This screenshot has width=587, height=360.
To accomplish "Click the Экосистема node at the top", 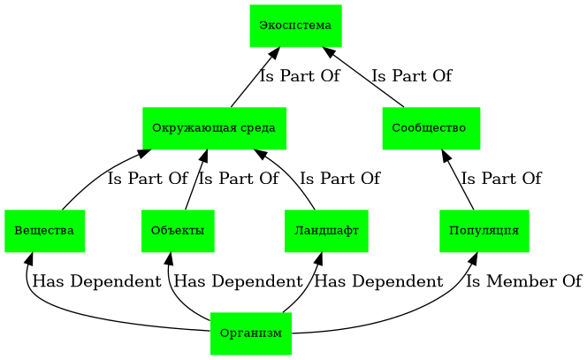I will (295, 25).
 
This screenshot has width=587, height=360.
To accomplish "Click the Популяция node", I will (484, 231).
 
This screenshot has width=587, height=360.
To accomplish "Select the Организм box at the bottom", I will (251, 333).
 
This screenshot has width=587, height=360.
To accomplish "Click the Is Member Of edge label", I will (523, 282).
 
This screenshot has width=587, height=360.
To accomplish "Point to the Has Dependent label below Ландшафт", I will (378, 282).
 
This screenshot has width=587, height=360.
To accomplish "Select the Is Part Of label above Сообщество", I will (411, 77).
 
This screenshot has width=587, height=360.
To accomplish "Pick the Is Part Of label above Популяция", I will (500, 180).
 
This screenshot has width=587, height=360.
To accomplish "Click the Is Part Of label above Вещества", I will (148, 180).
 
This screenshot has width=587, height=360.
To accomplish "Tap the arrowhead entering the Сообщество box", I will (447, 155).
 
